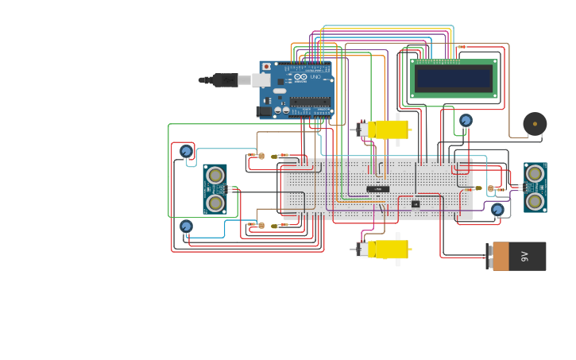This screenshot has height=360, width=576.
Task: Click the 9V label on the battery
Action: point(525,257)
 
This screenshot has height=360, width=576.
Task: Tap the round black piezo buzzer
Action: point(535,124)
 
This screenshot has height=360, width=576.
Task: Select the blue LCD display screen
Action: point(454,78)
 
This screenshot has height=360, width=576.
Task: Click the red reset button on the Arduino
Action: point(266,67)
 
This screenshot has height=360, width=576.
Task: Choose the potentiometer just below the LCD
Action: point(466,120)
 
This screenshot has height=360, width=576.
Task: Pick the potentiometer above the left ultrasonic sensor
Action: point(186,151)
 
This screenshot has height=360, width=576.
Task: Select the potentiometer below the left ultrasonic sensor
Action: point(186,226)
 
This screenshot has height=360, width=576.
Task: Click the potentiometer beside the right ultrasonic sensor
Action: point(497,209)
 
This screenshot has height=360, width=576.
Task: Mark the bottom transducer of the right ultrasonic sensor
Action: point(535,201)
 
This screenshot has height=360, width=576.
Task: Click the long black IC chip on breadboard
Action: point(378,189)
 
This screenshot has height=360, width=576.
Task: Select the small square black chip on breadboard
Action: point(416,204)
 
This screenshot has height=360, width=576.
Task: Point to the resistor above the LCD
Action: point(462,47)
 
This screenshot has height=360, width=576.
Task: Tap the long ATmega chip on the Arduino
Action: point(310,101)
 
